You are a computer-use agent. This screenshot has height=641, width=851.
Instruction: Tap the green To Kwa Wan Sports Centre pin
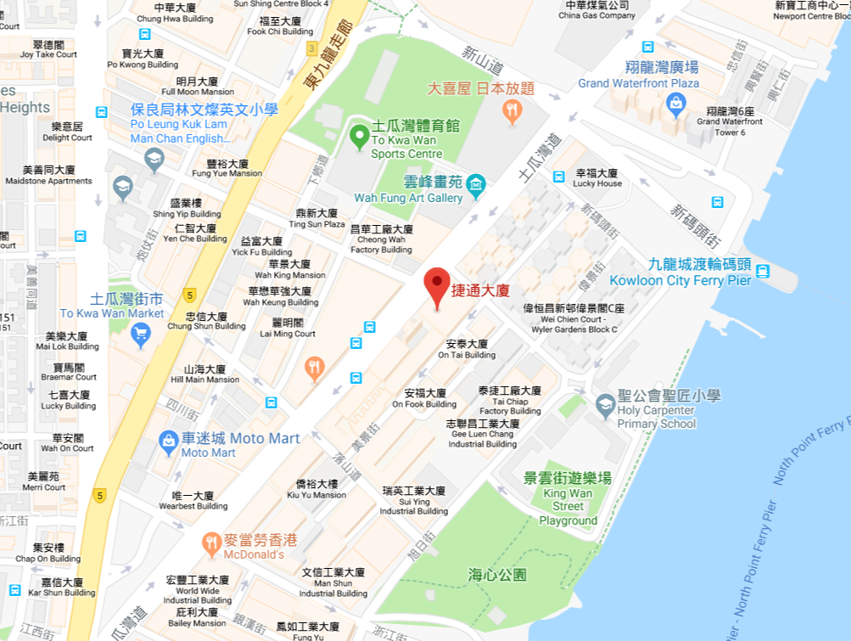click(x=359, y=135)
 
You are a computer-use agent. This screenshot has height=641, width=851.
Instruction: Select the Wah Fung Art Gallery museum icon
click(x=476, y=183)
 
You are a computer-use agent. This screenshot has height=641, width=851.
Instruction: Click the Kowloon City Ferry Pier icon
click(x=763, y=271)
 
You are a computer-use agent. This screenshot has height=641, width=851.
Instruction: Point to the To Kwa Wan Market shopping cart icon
click(x=141, y=333)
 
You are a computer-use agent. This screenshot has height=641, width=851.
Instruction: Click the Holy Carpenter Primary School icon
click(x=605, y=405)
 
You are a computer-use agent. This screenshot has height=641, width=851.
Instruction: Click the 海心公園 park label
click(x=497, y=575)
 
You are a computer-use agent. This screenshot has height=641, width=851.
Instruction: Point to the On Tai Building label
click(x=467, y=350)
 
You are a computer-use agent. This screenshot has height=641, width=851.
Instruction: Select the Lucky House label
click(x=597, y=177)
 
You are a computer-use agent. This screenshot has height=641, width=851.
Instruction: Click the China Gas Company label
click(x=597, y=10)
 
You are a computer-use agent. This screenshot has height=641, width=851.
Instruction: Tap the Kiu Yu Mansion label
click(x=316, y=489)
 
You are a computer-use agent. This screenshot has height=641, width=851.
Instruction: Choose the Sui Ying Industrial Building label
click(x=414, y=501)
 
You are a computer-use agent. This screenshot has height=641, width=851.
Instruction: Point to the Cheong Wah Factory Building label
click(x=381, y=239)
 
